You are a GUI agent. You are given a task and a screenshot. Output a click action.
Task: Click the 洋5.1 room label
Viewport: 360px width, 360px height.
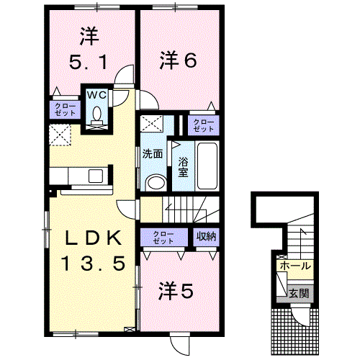[89, 48]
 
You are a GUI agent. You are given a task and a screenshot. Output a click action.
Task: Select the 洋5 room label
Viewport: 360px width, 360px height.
[175, 291]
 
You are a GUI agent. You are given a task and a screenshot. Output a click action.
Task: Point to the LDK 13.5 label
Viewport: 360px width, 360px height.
[90, 250]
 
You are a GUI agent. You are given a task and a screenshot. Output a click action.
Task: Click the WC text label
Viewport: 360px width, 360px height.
[96, 94]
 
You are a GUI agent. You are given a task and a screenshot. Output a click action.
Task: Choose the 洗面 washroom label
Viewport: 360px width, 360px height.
[152, 153]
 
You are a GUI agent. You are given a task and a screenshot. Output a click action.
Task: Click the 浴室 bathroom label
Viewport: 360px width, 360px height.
[183, 166]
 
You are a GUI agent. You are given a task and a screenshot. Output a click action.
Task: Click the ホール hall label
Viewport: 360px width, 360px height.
[296, 266]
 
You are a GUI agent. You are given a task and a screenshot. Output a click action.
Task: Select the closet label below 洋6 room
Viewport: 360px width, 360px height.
[203, 125]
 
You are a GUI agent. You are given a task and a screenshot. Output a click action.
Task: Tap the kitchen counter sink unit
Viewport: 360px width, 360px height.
[80, 176]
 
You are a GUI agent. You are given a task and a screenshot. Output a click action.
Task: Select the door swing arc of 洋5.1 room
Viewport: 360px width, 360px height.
[125, 74]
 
